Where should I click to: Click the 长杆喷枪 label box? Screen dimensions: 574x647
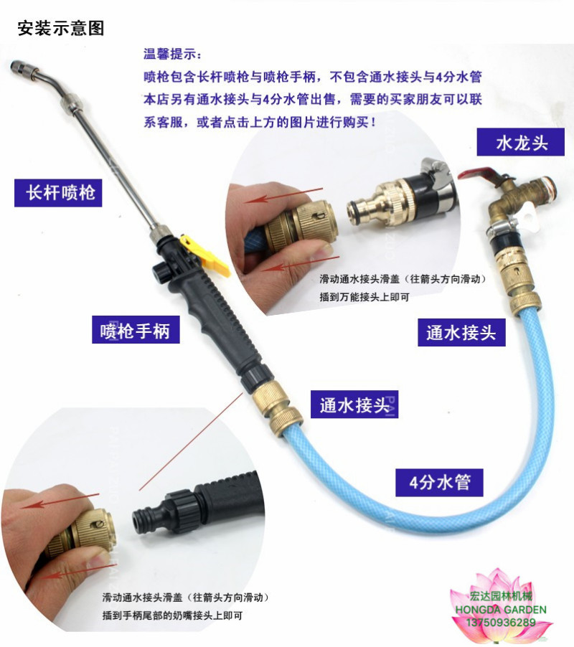(58, 193)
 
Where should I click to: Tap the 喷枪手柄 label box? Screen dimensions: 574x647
(136, 330)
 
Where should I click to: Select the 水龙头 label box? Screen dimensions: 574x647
(521, 142)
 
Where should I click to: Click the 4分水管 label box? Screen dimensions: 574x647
(439, 482)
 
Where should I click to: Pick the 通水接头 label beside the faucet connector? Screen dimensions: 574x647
(461, 332)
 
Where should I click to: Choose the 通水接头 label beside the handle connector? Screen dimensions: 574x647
(354, 404)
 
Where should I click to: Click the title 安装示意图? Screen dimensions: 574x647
(61, 29)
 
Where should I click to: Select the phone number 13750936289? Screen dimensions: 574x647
(501, 622)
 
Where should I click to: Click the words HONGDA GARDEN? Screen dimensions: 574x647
(501, 610)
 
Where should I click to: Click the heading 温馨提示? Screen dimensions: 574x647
(173, 54)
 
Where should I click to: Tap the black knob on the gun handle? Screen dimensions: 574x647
(160, 273)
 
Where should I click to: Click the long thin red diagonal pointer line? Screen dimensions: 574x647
(191, 442)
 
